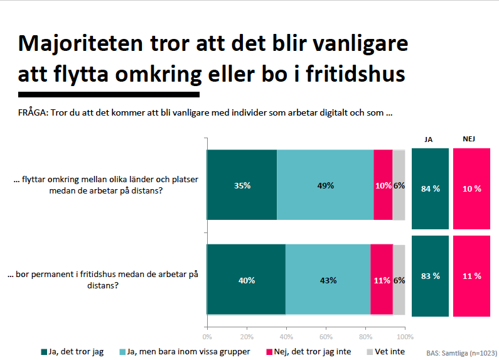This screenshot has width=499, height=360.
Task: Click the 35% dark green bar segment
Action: pos(242,185)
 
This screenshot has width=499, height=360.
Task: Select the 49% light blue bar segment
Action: pos(325,185)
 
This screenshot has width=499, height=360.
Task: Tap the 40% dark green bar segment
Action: pos(246,280)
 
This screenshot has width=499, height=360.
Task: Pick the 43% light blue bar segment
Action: pos(328,280)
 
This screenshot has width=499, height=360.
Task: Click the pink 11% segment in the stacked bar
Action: pos(382,280)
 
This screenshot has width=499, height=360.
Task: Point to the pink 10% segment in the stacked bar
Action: pos(383,185)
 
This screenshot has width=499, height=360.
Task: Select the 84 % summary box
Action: pos(430,188)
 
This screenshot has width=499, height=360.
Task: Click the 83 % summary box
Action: pos(430,276)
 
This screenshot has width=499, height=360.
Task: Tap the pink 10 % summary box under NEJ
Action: pos(471,188)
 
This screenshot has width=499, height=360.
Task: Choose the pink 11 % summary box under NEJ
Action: pos(471,276)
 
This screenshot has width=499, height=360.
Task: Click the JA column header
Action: pos(428,139)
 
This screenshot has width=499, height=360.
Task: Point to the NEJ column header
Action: pos(469,139)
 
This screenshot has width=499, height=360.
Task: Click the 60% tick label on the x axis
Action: pos(326,337)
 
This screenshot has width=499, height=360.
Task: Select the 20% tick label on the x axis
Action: pos(247,337)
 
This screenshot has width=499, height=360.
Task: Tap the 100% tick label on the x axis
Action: pos(405,337)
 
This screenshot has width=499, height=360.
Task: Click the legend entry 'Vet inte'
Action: pos(386,352)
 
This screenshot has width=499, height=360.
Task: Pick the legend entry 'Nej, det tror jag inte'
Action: pos(309,352)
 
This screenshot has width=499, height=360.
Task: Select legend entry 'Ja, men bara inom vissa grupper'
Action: pos(185,352)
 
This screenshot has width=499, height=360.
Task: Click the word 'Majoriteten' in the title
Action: pos(80,43)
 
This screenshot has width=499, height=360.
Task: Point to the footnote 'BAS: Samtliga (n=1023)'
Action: pos(462,353)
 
